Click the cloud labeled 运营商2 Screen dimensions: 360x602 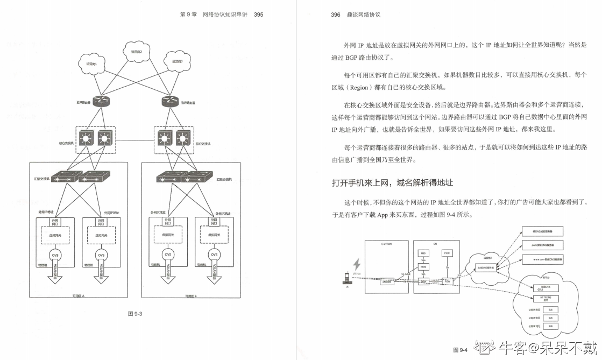click(136, 52)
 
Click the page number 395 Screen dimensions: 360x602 click(258, 15)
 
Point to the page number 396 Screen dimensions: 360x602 click(336, 15)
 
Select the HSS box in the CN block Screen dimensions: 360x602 click(423, 253)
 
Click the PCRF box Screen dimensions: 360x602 click(447, 253)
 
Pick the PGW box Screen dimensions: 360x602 click(447, 281)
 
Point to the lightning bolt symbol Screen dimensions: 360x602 click(356, 265)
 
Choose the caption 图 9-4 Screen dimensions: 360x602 click(460, 350)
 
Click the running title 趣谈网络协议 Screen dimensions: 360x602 click(363, 15)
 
